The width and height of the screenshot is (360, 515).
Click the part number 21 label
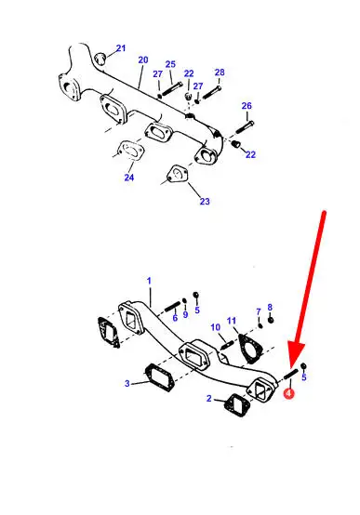point(121,48)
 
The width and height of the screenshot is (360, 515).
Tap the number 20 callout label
point(143,59)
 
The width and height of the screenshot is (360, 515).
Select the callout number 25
point(170,64)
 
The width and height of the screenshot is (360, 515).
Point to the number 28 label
point(220,72)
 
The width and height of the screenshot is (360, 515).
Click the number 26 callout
point(247,106)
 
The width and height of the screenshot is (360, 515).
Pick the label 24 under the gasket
point(129,178)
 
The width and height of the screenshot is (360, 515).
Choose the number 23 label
point(205,201)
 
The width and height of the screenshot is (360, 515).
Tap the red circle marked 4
point(289,393)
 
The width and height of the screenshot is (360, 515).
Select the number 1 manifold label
point(149,281)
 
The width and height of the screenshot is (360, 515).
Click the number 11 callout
point(232,321)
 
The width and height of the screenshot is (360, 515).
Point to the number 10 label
point(215,327)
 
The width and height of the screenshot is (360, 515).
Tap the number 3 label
point(127,383)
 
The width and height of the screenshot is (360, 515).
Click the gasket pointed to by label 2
point(236,406)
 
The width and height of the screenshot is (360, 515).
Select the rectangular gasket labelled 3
point(159,377)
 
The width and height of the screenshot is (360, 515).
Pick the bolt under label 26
point(245,126)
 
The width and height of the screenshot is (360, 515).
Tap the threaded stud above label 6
point(173,307)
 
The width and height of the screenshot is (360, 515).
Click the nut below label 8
point(271,320)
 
